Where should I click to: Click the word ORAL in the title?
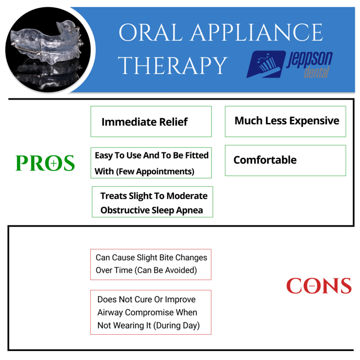(x=151, y=32)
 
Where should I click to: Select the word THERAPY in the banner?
(x=173, y=66)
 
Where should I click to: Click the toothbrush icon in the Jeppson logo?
(x=266, y=64)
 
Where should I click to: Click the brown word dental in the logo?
(x=317, y=72)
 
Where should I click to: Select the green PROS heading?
(x=45, y=163)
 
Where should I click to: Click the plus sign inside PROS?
(x=54, y=163)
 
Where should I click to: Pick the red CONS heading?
(x=319, y=286)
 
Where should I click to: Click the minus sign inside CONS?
(x=312, y=286)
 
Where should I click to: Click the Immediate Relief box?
(x=151, y=121)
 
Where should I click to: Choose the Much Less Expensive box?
(x=285, y=121)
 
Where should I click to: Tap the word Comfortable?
(x=265, y=160)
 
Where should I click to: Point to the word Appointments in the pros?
(x=167, y=171)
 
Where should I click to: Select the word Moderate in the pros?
(x=187, y=196)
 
